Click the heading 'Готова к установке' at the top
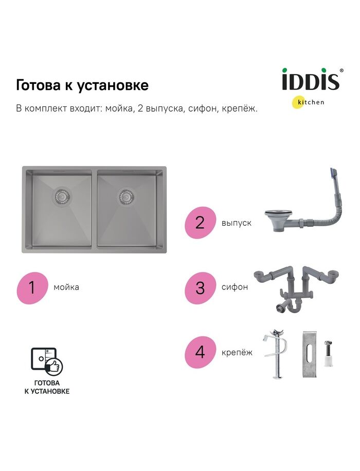pos(82,85)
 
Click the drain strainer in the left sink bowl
pos(63,196)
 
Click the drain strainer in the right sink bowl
pos(126,196)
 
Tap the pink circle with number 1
pos(32,287)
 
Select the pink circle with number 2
pos(200,223)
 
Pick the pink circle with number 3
pos(200,287)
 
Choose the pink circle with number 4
pos(200,352)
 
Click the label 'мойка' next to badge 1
pos(66,287)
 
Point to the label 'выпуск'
pos(237,223)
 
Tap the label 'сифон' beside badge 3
pos(235,287)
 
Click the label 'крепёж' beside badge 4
pos(237,352)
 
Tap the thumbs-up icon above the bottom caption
pos(54,366)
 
